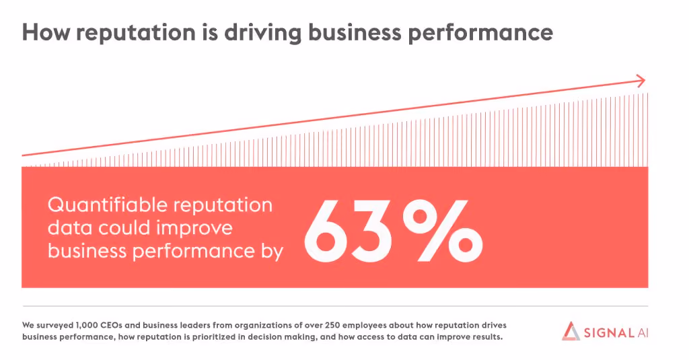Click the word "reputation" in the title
pyautogui.click(x=136, y=34)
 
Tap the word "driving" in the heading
pyautogui.click(x=263, y=34)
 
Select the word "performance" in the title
pyautogui.click(x=480, y=34)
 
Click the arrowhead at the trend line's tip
pyautogui.click(x=641, y=81)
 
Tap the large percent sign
pyautogui.click(x=443, y=231)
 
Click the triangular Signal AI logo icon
pyautogui.click(x=571, y=331)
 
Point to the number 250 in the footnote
pyautogui.click(x=332, y=326)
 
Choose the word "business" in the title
pyautogui.click(x=355, y=34)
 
